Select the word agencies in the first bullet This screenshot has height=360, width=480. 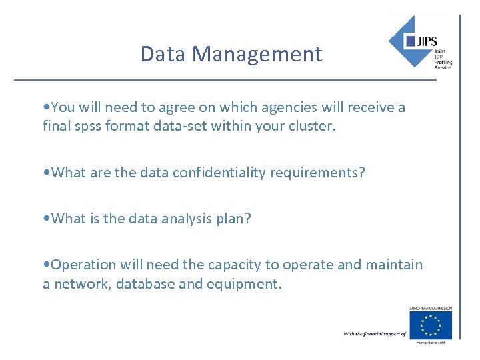click(x=280, y=107)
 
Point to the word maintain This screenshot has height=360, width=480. click(x=394, y=265)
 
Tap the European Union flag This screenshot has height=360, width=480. click(x=430, y=325)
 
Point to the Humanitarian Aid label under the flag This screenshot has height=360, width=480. click(x=430, y=342)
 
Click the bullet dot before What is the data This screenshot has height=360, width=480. click(x=46, y=219)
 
